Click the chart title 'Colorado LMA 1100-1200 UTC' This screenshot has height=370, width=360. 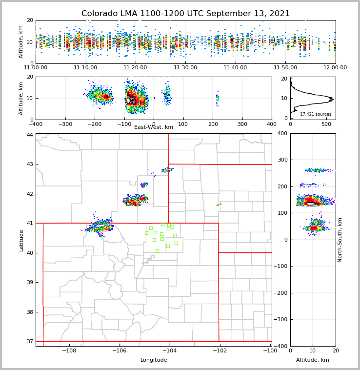pos(185,14)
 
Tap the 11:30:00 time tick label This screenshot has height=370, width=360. pos(185,68)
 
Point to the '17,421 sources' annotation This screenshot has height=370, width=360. pos(316,114)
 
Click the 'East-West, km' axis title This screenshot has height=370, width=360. pos(154,127)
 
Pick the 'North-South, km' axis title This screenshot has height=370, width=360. pos(340,240)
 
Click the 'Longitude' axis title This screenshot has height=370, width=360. pos(154,360)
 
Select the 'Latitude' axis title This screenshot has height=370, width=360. pos(21,240)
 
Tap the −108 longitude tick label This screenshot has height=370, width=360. pos(69,351)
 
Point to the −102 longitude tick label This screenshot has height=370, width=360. pos(219,351)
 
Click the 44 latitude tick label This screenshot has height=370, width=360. pos(30,135)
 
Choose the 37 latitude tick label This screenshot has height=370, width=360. pos(30,341)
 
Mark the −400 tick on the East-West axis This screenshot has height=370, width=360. pos(36,124)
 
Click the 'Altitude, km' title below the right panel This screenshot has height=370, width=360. pos(313,360)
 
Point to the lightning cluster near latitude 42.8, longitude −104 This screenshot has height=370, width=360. pos(167,170)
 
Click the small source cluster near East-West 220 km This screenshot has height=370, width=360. pos(218,98)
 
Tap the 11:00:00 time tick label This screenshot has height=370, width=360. pos(37,68)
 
